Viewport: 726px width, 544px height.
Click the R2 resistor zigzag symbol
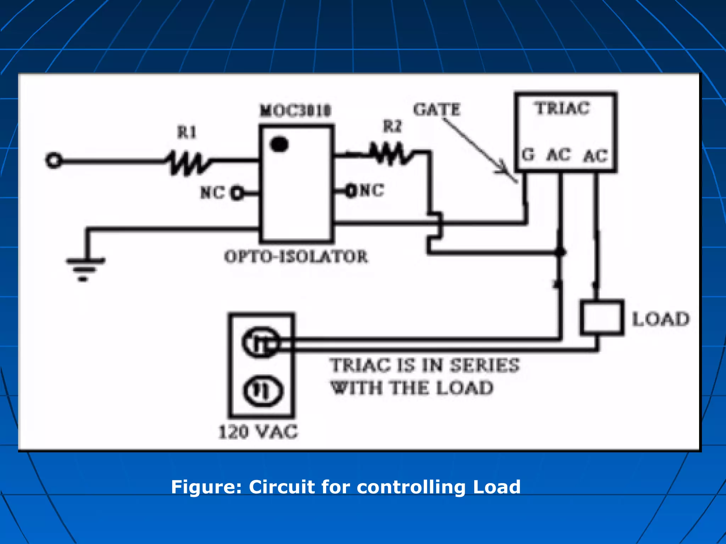pyautogui.click(x=391, y=153)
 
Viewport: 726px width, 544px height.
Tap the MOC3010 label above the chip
pyautogui.click(x=295, y=111)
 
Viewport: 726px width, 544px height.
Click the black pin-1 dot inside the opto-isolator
pyautogui.click(x=279, y=144)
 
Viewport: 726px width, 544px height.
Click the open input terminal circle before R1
pyautogui.click(x=54, y=161)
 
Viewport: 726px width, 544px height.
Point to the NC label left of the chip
pyautogui.click(x=212, y=193)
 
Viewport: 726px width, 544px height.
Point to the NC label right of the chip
pyautogui.click(x=372, y=190)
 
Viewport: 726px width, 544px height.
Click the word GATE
pyautogui.click(x=436, y=109)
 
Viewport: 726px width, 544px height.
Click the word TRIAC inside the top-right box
pyautogui.click(x=563, y=108)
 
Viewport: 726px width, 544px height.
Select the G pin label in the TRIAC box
pyautogui.click(x=528, y=155)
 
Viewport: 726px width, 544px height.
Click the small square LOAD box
pyautogui.click(x=602, y=318)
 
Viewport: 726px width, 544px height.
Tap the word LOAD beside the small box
pyautogui.click(x=661, y=319)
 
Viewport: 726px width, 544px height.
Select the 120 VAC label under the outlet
pyautogui.click(x=258, y=432)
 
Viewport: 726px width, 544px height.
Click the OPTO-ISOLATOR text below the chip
pyautogui.click(x=296, y=256)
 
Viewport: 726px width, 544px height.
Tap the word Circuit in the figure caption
pyautogui.click(x=282, y=487)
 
